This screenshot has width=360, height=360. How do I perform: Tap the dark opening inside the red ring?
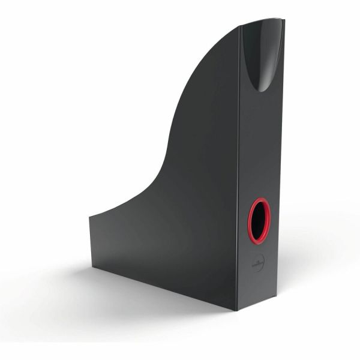point(260,220)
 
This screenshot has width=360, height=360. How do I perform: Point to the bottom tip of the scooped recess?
point(262,90)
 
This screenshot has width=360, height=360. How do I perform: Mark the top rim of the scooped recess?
point(262,22)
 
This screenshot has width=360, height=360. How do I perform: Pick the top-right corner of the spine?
point(284,20)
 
